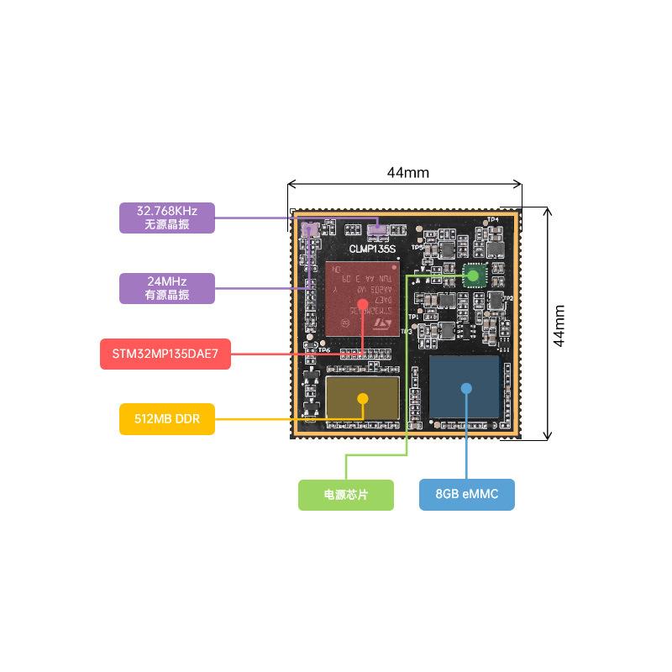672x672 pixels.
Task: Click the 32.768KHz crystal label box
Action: point(167,218)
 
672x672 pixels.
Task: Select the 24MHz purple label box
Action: point(167,287)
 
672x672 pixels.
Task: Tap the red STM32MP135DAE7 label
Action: point(165,354)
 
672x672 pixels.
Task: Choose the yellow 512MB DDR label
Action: point(167,418)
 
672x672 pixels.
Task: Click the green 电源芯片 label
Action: point(346,495)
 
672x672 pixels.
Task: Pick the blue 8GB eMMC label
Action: point(467,494)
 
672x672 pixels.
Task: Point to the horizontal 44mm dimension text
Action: point(407,173)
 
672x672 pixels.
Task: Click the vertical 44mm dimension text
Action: point(559,324)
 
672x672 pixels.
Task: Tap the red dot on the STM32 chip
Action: point(362,304)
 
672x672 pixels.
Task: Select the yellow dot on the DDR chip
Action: point(363,398)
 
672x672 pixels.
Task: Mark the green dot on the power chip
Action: point(474,275)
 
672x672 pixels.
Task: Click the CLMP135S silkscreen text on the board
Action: point(372,249)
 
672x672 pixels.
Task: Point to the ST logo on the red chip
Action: point(383,322)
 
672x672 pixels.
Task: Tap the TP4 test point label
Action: point(493,220)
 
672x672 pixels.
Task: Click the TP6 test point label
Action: point(324,349)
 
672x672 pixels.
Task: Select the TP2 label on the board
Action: point(507,298)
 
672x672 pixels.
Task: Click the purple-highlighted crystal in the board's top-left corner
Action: point(309,229)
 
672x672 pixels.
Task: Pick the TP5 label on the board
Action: point(417,248)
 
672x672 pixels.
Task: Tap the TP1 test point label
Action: point(412,317)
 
